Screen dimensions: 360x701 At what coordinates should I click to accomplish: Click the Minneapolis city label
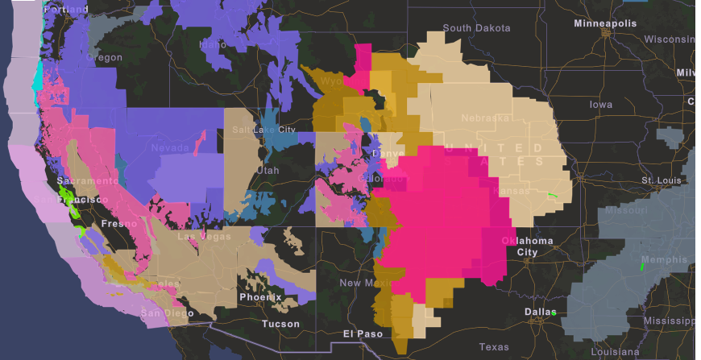(x=604, y=23)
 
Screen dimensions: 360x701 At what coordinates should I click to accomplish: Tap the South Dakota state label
(x=476, y=28)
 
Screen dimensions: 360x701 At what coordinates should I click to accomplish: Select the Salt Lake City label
(x=263, y=130)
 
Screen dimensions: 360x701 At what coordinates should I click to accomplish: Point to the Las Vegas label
(x=203, y=237)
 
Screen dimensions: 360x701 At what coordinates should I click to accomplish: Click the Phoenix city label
(x=260, y=297)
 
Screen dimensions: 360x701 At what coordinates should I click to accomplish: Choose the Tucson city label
(x=280, y=324)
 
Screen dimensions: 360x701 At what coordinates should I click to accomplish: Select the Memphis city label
(x=665, y=260)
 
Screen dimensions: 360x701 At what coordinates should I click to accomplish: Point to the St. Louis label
(x=661, y=180)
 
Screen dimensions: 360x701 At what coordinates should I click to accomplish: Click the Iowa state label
(x=600, y=105)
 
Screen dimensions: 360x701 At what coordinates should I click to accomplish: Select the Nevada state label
(x=170, y=148)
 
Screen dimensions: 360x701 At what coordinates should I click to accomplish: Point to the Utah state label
(x=267, y=171)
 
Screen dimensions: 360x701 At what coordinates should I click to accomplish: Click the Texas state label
(x=493, y=347)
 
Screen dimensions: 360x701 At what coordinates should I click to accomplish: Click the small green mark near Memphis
(x=642, y=263)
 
